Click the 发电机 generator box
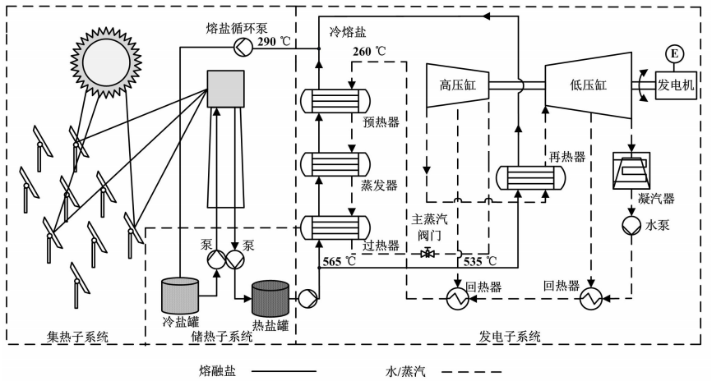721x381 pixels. point(676,85)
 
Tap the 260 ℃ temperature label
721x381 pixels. point(369,51)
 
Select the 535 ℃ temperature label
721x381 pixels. point(481,261)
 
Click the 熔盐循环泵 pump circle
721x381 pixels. point(241,48)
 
